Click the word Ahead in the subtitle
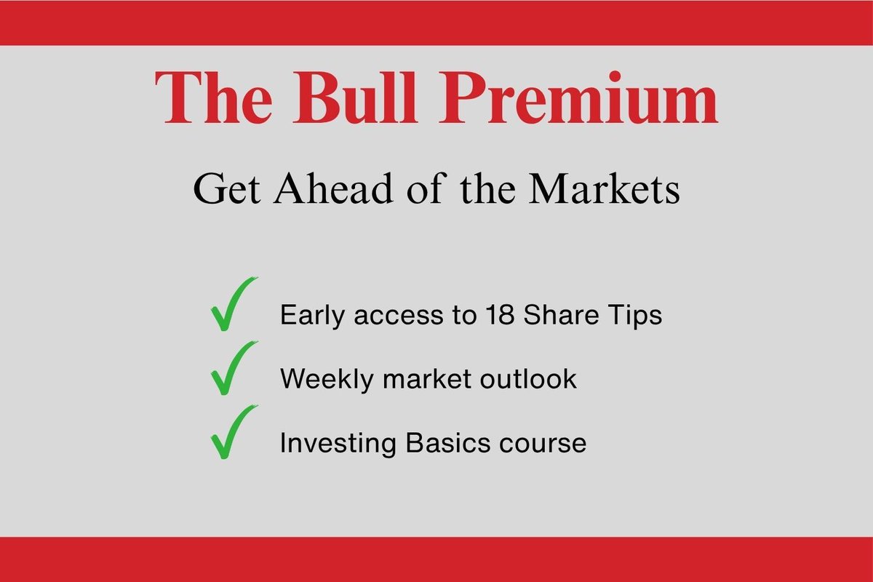pyautogui.click(x=334, y=188)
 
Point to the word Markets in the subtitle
pyautogui.click(x=605, y=188)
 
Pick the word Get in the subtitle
pyautogui.click(x=227, y=188)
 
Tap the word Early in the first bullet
pyautogui.click(x=313, y=316)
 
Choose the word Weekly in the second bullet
pyautogui.click(x=327, y=380)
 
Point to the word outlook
pyautogui.click(x=528, y=378)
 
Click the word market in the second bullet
pyautogui.click(x=427, y=379)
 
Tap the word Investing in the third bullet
pyautogui.click(x=338, y=444)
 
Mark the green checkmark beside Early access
pyautogui.click(x=232, y=304)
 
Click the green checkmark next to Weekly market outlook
pyautogui.click(x=232, y=368)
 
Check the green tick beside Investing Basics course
pyautogui.click(x=232, y=432)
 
